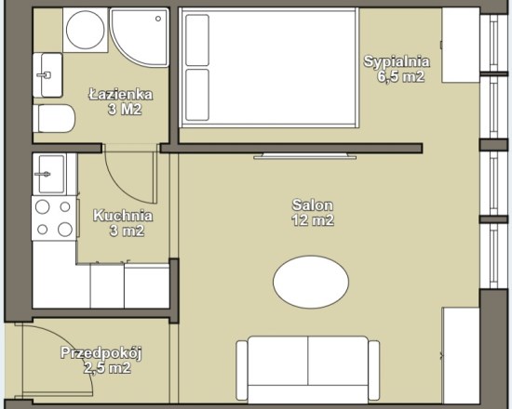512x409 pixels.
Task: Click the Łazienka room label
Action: (x=120, y=101)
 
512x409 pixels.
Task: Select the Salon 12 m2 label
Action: (x=313, y=213)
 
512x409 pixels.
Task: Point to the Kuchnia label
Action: (x=123, y=223)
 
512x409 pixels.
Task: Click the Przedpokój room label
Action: (x=101, y=361)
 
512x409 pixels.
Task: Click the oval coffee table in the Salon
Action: (x=311, y=283)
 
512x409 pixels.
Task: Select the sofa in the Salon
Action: (x=308, y=369)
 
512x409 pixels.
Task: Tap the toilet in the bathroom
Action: (x=54, y=118)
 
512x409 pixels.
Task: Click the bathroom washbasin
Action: (x=47, y=75)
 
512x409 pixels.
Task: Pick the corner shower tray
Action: (x=140, y=36)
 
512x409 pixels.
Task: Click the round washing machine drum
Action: (x=86, y=30)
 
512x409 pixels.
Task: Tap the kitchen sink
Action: (x=49, y=174)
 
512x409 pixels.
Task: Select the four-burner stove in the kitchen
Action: (x=54, y=218)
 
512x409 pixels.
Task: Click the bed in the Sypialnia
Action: (x=269, y=68)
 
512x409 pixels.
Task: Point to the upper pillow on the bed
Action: (x=197, y=40)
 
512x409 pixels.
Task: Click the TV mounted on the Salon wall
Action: (x=305, y=156)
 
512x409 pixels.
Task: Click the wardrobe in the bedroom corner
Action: (x=461, y=45)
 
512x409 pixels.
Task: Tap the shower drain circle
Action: (x=158, y=19)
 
